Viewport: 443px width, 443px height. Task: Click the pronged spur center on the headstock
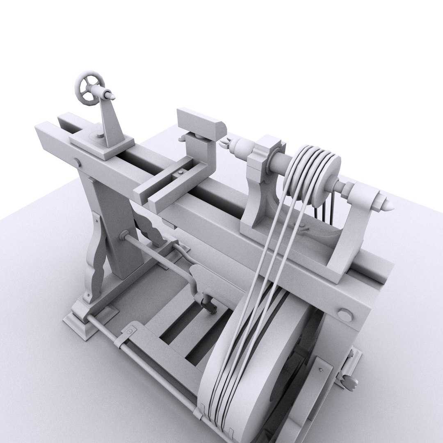[224, 143]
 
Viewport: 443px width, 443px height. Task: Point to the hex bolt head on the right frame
[345, 315]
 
